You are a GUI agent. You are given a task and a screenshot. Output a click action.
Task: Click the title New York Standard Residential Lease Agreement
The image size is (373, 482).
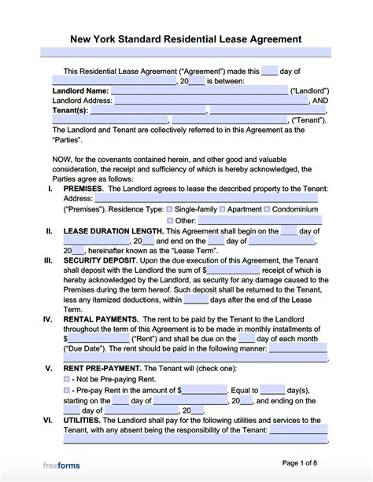[x=186, y=39]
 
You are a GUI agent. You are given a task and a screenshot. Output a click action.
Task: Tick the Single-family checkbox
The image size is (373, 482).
[x=169, y=210]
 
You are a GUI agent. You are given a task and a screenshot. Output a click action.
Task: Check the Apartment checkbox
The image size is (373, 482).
[x=223, y=210]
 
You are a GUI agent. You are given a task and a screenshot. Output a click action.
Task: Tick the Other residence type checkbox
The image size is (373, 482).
[x=169, y=221]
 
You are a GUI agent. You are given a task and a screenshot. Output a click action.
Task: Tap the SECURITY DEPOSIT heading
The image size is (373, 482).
[x=98, y=259]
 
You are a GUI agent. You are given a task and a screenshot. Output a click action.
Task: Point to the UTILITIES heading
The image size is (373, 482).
[x=83, y=421]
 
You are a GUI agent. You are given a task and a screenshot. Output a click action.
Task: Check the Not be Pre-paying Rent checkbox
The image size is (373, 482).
[x=66, y=379]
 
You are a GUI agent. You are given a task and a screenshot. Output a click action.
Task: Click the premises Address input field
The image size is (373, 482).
[x=210, y=200]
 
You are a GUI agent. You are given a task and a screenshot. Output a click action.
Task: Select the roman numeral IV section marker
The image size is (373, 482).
[x=48, y=318]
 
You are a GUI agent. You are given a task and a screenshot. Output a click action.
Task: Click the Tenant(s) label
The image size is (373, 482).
[x=72, y=111]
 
